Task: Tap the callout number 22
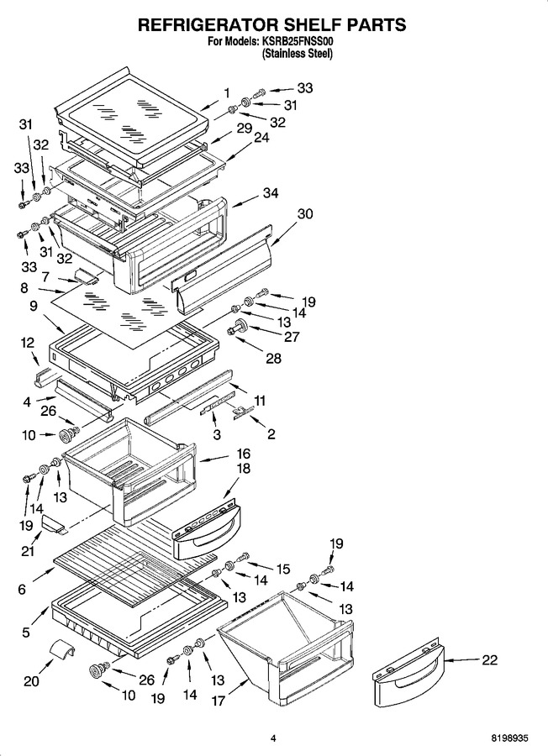[x=489, y=659]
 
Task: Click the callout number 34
[x=271, y=193]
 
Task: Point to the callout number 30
[x=305, y=213]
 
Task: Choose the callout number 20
[x=31, y=680]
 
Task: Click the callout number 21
[x=28, y=550]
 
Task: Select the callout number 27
[x=292, y=336]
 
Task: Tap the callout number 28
[x=273, y=358]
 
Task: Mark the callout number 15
[x=282, y=569]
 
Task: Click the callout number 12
[x=28, y=343]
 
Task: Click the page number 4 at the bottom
[x=273, y=738]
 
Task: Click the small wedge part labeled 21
[x=54, y=524]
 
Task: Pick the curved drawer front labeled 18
[x=207, y=529]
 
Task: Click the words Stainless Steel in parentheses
[x=298, y=54]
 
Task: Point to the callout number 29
[x=245, y=128]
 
